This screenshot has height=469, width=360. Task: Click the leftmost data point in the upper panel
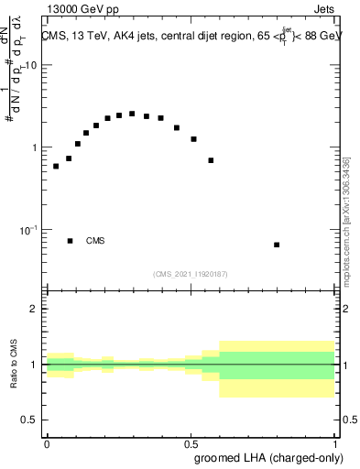click(56, 166)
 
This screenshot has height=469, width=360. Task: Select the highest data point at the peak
click(132, 114)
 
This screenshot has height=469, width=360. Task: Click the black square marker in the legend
click(70, 241)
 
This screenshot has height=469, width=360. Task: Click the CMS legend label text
click(95, 241)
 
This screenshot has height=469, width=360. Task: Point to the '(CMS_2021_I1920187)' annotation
click(191, 273)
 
